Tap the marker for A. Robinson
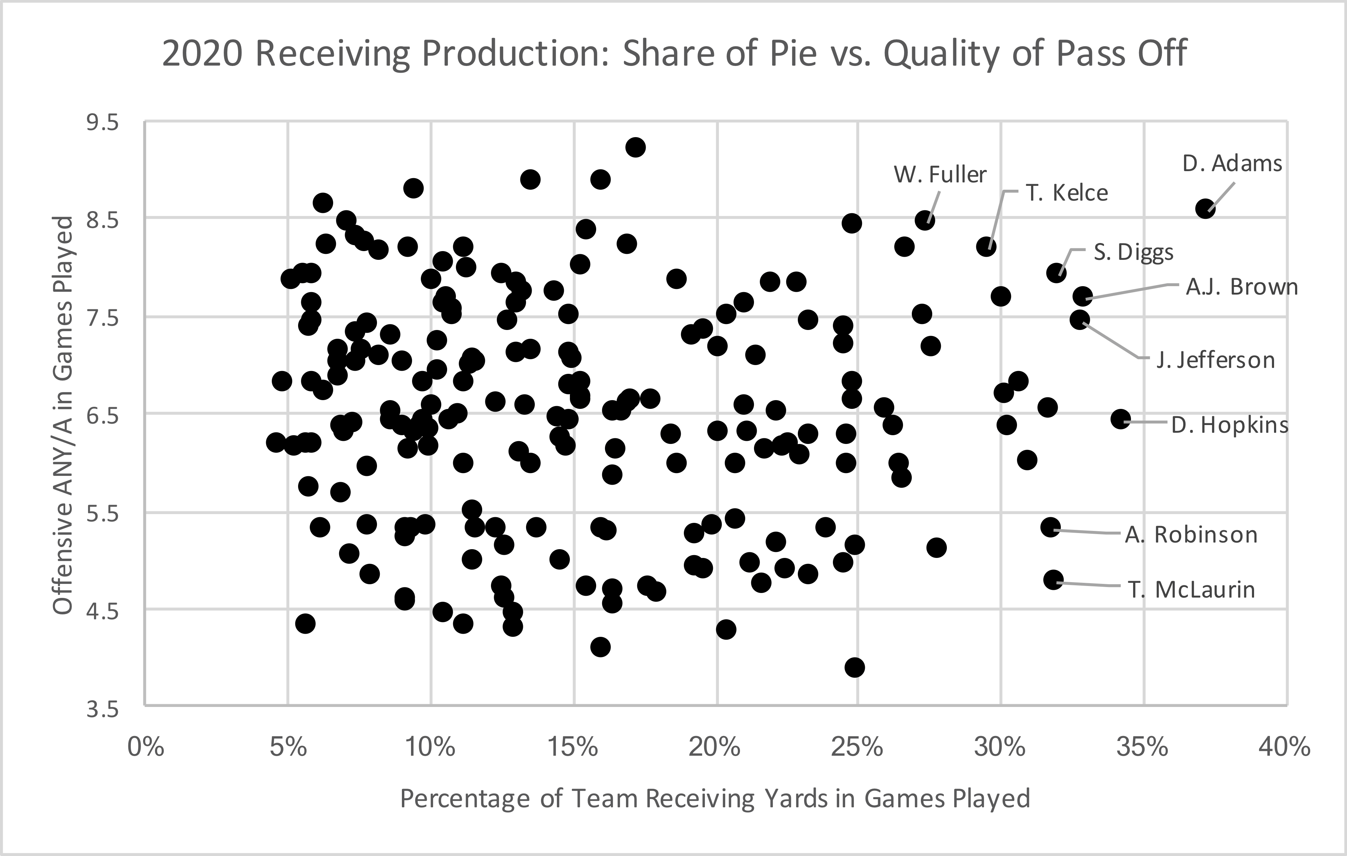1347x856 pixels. coord(1051,527)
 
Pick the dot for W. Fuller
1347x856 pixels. coord(925,220)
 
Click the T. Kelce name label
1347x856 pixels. coord(1066,193)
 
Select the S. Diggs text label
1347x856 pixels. coord(1133,253)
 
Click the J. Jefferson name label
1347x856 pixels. coord(1215,360)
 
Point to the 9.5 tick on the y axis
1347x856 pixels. coord(102,122)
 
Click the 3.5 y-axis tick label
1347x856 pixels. coord(102,709)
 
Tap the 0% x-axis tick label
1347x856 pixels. coord(146,747)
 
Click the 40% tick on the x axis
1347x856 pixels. coord(1284,747)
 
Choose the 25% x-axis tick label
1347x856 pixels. coord(857,747)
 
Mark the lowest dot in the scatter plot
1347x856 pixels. coord(855,667)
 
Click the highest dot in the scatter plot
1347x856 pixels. coord(635,148)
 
